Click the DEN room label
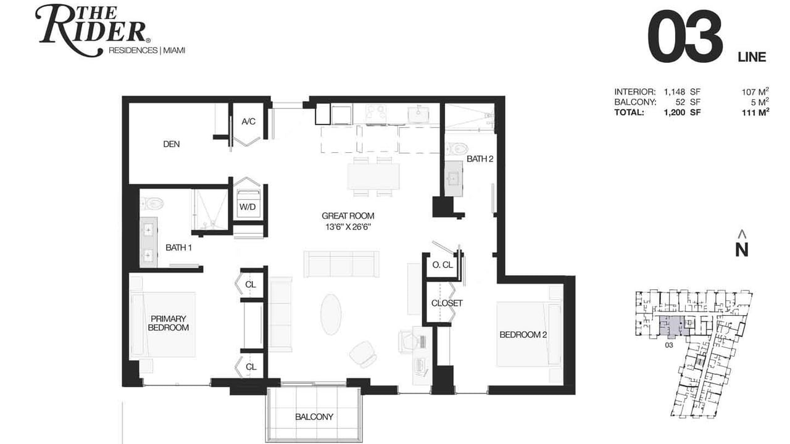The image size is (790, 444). click(172, 144)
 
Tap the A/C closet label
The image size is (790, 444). click(248, 121)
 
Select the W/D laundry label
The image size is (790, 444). click(247, 207)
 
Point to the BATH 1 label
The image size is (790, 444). click(178, 248)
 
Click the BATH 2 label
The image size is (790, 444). click(480, 159)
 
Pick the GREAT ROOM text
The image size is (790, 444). click(347, 216)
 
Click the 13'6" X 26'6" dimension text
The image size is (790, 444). click(347, 227)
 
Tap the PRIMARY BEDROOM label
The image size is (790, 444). click(168, 323)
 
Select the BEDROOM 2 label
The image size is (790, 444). click(523, 334)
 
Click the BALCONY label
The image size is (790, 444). click(314, 417)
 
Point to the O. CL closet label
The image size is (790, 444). click(443, 265)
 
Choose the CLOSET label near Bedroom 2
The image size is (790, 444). click(447, 303)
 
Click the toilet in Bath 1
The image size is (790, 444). click(152, 203)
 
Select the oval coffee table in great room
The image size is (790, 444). click(331, 314)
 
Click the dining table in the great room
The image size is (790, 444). click(373, 176)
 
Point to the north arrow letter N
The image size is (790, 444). click(742, 250)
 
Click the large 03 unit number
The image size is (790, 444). click(685, 36)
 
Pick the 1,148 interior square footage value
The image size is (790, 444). click(675, 92)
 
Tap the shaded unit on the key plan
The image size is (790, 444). click(673, 325)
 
